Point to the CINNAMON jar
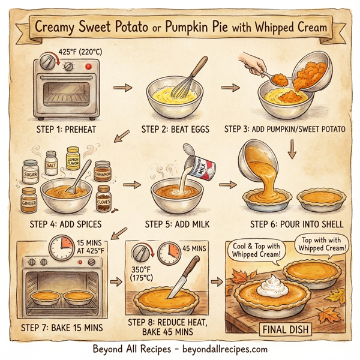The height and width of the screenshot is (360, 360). point(104,172)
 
